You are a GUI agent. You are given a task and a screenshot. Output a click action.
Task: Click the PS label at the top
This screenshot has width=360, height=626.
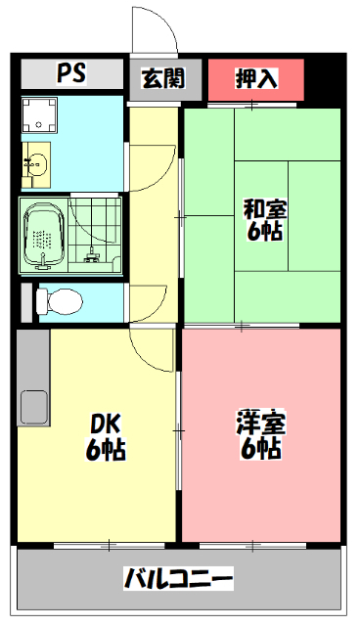tap(69, 74)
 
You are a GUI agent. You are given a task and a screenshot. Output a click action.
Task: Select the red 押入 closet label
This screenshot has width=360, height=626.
tap(255, 78)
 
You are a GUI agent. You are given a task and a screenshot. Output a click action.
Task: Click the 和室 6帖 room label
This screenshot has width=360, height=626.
tap(264, 219)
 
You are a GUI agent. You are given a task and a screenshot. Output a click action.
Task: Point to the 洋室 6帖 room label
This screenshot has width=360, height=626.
tap(260, 436)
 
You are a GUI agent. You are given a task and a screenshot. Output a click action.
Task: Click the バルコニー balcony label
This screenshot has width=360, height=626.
tap(178, 578)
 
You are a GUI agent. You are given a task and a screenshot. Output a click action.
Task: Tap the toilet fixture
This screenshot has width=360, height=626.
tap(60, 300)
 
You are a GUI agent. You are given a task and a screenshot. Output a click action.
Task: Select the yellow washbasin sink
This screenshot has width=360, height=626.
tap(37, 163)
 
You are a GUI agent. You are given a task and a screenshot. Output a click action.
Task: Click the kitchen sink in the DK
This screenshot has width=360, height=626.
tap(32, 403)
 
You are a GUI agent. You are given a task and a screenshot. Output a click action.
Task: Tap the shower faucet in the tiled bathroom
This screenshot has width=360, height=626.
tap(93, 255)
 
